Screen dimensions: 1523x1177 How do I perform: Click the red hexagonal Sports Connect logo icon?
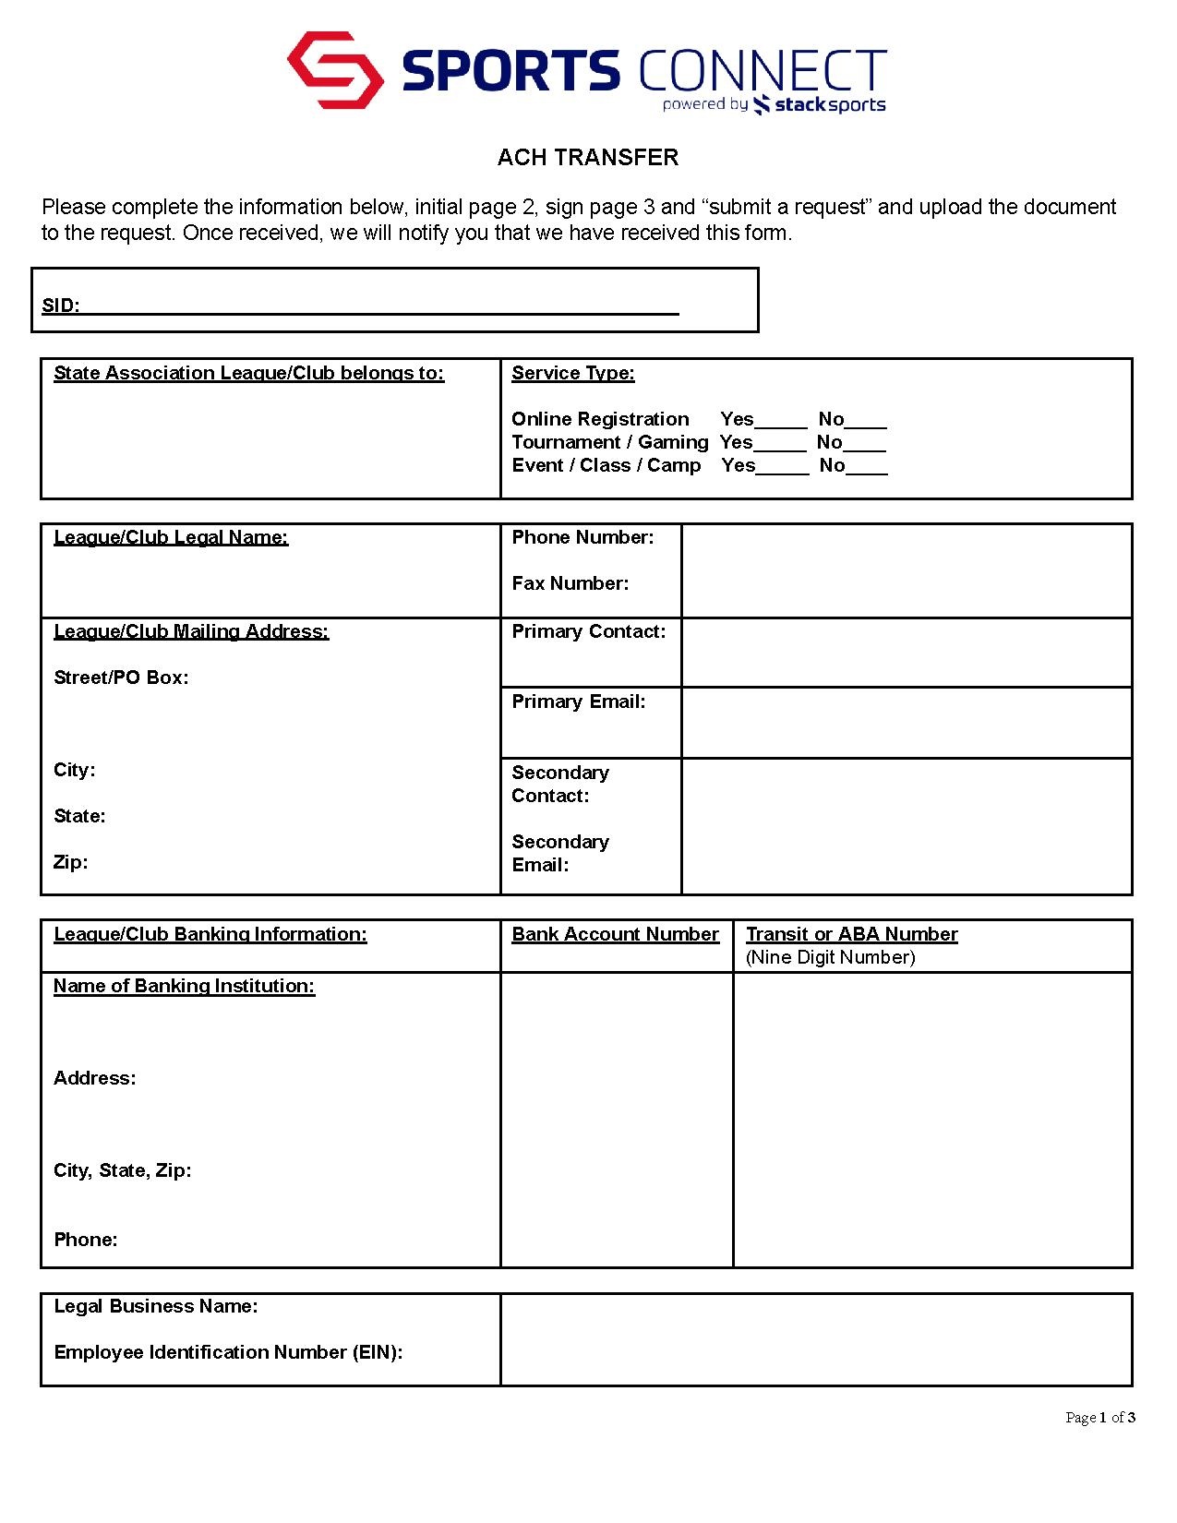(335, 70)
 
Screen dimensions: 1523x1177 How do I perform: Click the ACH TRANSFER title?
(588, 158)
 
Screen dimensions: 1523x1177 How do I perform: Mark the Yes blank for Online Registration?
(781, 421)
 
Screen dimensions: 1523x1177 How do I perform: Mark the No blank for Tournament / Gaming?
(865, 444)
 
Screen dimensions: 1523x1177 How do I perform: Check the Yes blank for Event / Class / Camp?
(782, 467)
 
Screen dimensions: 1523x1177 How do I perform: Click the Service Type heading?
(573, 373)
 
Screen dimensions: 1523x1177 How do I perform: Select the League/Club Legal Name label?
(171, 537)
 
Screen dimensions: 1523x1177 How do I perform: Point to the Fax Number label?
(570, 583)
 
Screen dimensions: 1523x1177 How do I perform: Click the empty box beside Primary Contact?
(906, 653)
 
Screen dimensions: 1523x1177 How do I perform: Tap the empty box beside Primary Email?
(906, 723)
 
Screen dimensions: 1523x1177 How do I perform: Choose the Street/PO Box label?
(121, 678)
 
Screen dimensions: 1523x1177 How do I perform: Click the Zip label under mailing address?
(71, 862)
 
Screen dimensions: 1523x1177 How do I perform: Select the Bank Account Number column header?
(615, 934)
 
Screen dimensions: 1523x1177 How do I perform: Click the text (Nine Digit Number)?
(830, 957)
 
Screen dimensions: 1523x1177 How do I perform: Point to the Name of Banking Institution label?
(184, 986)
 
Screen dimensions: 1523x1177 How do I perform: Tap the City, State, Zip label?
(123, 1170)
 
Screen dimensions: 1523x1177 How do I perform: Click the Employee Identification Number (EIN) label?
(228, 1352)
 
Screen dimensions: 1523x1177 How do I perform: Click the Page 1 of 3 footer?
(1099, 1418)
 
